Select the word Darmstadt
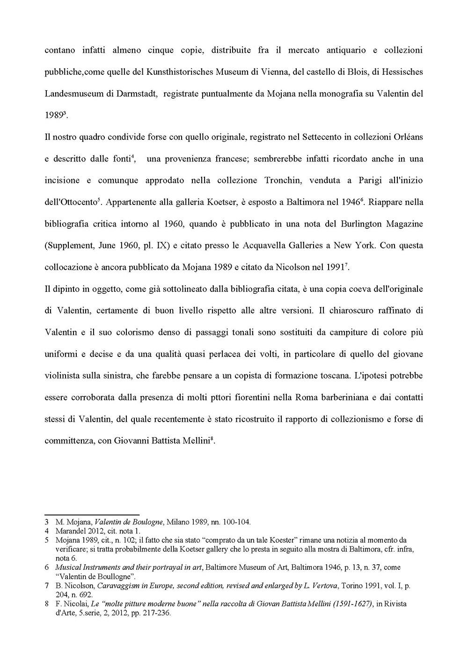(x=131, y=93)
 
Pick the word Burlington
(x=360, y=223)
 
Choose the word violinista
(x=63, y=375)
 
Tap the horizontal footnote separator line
(x=92, y=514)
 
